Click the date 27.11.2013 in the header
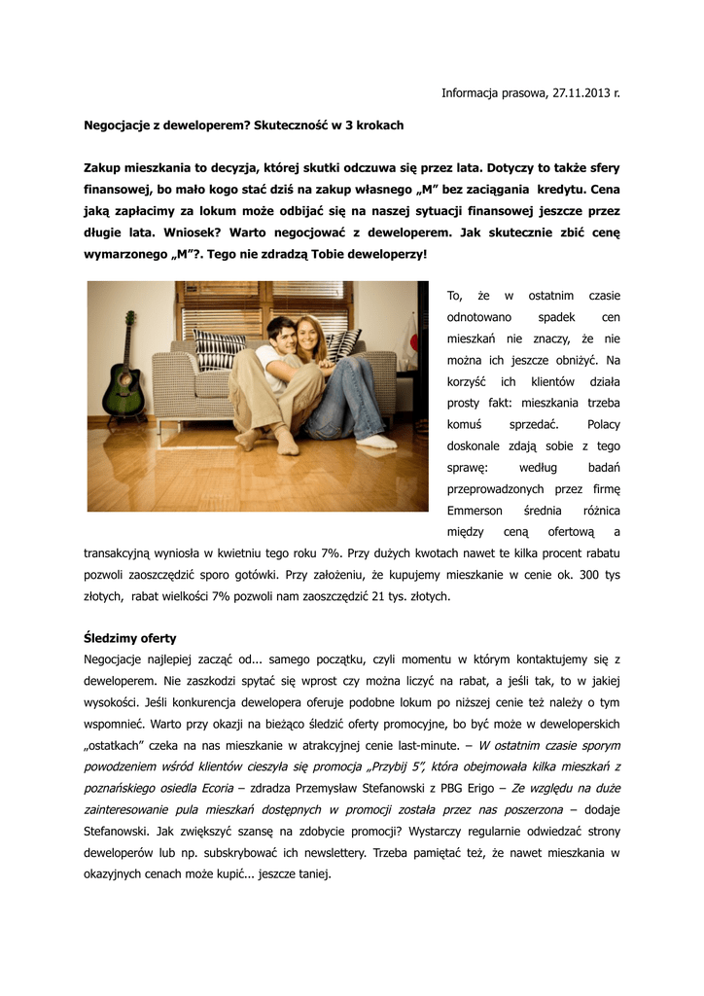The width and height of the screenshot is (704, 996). tap(582, 93)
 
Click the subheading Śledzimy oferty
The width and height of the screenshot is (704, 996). tap(129, 638)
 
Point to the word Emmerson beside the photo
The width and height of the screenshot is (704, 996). tap(475, 511)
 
